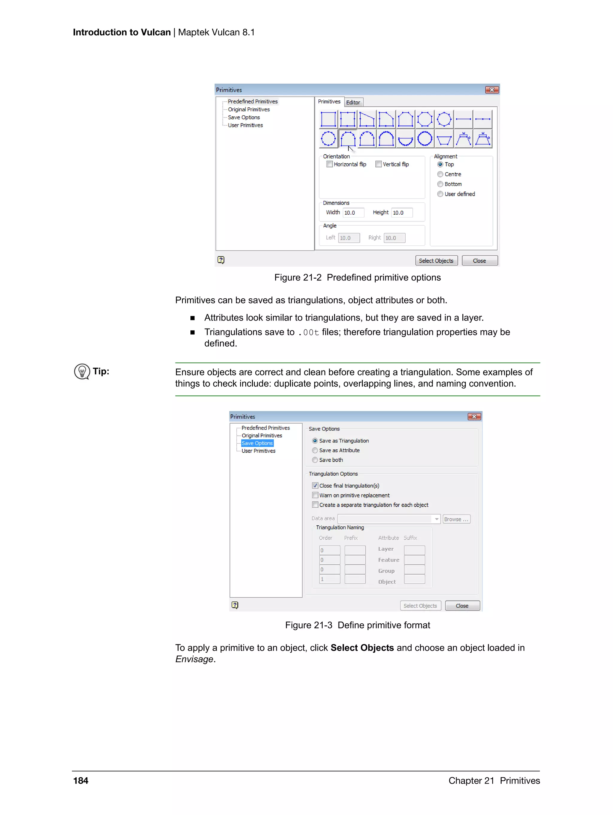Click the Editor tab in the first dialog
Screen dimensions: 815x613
353,103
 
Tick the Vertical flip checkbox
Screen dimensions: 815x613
378,164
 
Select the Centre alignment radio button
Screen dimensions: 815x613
440,174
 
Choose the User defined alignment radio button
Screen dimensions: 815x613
440,194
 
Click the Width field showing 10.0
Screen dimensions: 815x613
353,213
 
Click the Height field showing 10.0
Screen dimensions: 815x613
401,213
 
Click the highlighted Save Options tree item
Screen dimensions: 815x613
257,443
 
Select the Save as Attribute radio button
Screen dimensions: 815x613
315,450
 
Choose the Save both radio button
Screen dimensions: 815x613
315,460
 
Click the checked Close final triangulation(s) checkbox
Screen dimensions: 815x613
315,486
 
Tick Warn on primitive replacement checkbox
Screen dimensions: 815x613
315,495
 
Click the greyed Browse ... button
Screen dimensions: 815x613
456,519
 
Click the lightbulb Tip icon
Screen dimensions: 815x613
82,372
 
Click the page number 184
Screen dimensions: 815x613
81,781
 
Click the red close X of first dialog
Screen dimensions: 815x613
492,90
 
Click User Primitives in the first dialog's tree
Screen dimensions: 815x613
245,125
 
